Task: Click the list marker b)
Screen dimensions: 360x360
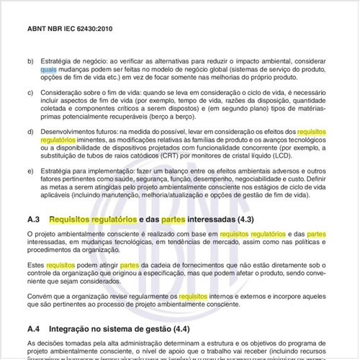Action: coord(30,63)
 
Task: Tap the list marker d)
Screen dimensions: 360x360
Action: coord(30,132)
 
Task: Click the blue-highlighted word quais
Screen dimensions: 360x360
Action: coord(50,71)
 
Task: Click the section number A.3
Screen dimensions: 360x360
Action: coord(32,218)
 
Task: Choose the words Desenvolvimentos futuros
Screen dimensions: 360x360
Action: coord(81,132)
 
